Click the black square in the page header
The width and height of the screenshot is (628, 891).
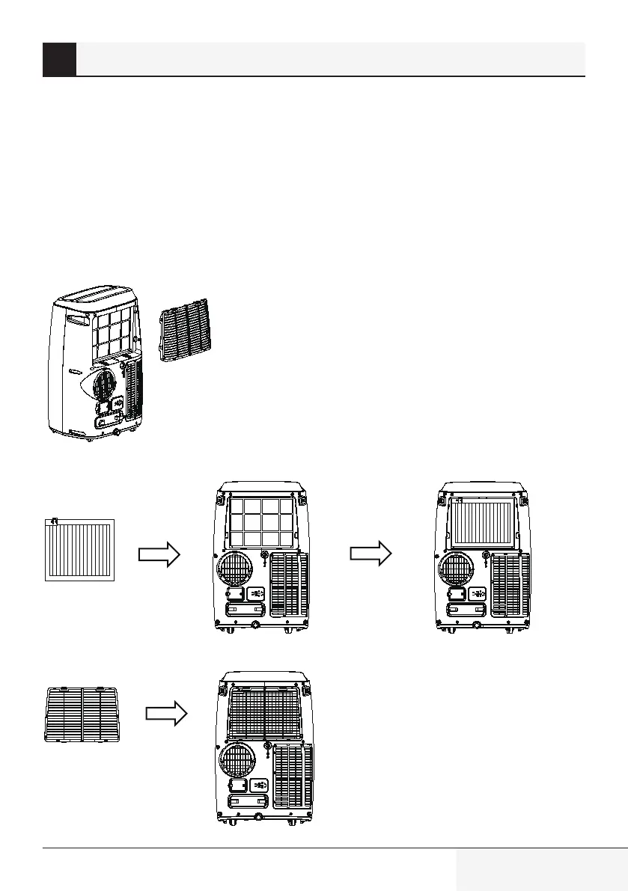tap(59, 59)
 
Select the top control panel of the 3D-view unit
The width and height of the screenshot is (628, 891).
tap(97, 296)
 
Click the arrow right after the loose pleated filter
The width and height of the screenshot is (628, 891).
tap(159, 554)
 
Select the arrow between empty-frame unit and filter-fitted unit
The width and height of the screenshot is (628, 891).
tap(371, 554)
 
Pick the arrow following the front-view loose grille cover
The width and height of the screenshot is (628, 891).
tap(165, 714)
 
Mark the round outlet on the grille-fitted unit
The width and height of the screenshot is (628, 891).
tap(239, 763)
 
